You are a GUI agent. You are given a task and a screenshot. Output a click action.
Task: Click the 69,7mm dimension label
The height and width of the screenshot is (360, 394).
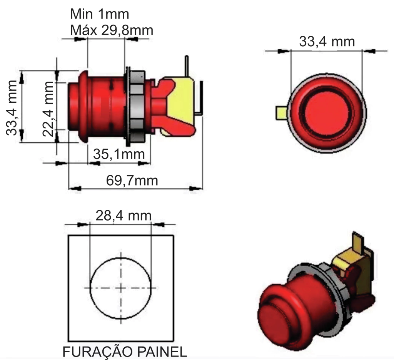coord(132,181)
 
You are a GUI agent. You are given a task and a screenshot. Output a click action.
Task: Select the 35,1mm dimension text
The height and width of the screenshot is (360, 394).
coord(119,154)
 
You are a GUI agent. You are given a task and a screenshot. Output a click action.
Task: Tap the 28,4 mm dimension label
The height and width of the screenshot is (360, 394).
coord(124,216)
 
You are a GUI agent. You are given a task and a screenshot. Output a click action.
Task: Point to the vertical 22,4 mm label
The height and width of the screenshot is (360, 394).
coord(48,109)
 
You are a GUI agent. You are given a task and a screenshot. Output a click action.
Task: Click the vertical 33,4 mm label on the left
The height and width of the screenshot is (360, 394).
coord(12,107)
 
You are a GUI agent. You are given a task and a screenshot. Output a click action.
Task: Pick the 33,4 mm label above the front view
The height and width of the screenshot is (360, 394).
coord(327,42)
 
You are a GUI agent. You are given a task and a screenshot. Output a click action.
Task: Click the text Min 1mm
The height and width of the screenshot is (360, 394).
coord(100,14)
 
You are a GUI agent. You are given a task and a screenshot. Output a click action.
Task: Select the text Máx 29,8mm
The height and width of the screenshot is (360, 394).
coord(112,30)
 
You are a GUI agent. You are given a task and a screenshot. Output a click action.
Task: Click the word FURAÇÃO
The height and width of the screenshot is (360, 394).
coord(97,352)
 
